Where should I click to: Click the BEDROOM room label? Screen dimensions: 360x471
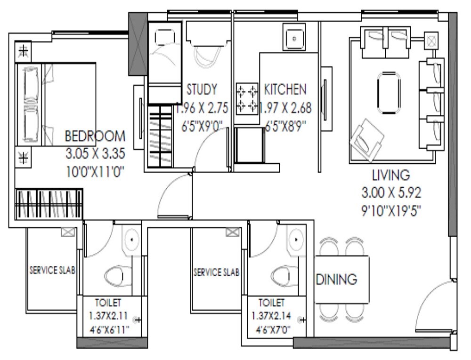pos(95,137)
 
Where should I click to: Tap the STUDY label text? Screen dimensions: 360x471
pos(202,89)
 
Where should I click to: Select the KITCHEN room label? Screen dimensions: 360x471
pos(285,89)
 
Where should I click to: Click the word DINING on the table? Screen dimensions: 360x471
pos(336,280)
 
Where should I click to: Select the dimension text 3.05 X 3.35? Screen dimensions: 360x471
pos(95,153)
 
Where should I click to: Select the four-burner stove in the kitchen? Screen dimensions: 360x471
pos(247,97)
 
